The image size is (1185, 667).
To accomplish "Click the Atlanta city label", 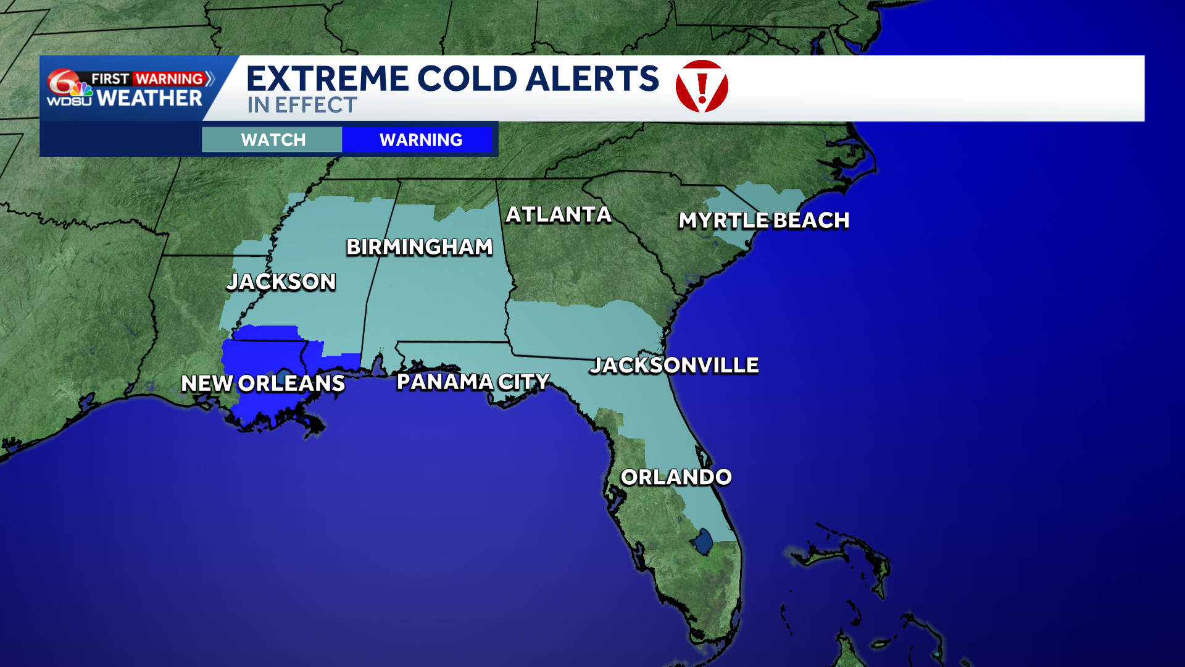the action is pyautogui.click(x=559, y=215).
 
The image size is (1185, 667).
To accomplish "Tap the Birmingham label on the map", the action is pyautogui.click(x=420, y=247).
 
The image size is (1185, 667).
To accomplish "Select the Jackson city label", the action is pyautogui.click(x=281, y=282).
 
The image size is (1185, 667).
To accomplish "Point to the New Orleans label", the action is pyautogui.click(x=263, y=384).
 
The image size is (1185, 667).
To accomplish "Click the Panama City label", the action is pyautogui.click(x=473, y=382).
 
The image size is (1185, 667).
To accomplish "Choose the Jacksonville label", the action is pyautogui.click(x=674, y=366).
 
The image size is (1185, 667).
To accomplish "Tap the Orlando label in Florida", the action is pyautogui.click(x=676, y=477).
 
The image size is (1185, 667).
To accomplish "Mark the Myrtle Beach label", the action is pyautogui.click(x=764, y=220).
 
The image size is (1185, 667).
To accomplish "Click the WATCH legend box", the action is pyautogui.click(x=273, y=140).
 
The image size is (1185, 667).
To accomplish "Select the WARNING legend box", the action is pyautogui.click(x=420, y=140).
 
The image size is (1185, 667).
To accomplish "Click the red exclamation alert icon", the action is pyautogui.click(x=702, y=86).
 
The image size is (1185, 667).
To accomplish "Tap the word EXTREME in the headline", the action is pyautogui.click(x=327, y=79).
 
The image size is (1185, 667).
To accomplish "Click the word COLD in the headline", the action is pyautogui.click(x=467, y=79).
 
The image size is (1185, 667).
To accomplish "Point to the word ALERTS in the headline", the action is pyautogui.click(x=592, y=79).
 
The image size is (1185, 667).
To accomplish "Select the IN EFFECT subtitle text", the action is pyautogui.click(x=302, y=106).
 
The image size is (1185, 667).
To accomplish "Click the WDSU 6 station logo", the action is pyautogui.click(x=69, y=88).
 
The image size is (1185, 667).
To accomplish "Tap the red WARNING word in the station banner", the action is pyautogui.click(x=169, y=79).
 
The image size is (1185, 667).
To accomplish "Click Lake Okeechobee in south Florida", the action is pyautogui.click(x=703, y=542).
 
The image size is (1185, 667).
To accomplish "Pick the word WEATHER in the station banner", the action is pyautogui.click(x=149, y=98).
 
